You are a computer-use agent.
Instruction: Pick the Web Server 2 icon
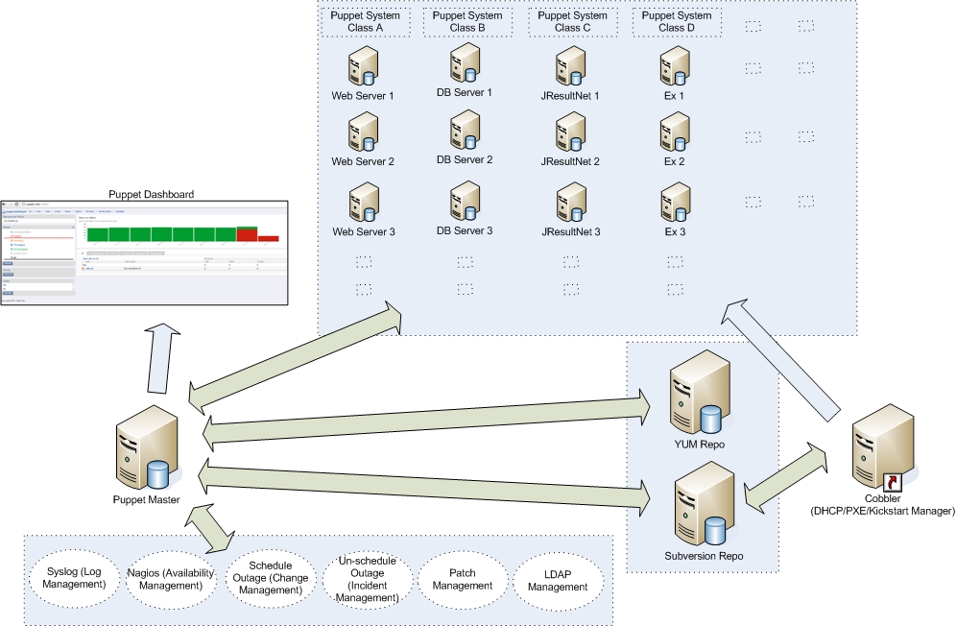363,132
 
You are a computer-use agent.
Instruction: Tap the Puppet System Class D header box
676,22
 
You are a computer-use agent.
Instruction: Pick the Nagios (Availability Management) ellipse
170,579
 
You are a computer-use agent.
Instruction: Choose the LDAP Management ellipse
559,579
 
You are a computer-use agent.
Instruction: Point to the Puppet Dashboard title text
151,194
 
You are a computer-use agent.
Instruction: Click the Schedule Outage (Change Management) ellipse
270,579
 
